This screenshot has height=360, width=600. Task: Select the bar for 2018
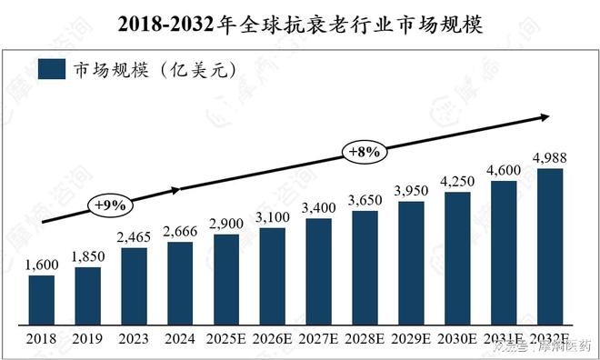coord(41,300)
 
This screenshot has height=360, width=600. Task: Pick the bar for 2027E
coord(318,271)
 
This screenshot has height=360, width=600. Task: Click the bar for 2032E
coord(549,246)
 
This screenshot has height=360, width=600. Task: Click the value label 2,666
coord(180,233)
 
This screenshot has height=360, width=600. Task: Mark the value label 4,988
coord(550,158)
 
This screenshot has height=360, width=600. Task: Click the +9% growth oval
coord(107,205)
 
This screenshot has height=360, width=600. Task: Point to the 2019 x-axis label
coord(87,339)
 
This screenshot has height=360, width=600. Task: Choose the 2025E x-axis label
coord(225,339)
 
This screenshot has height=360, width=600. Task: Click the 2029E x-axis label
coord(411,339)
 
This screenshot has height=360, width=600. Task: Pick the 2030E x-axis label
coord(457,339)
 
